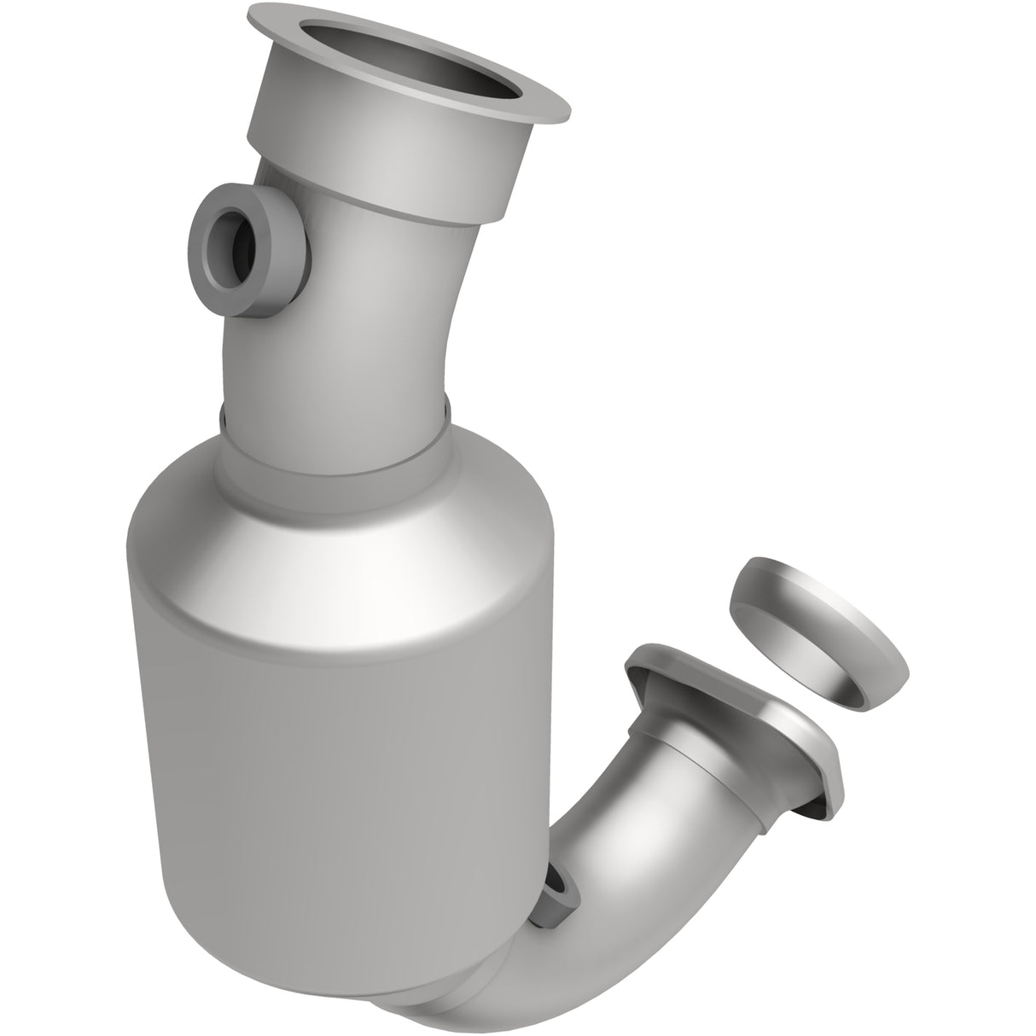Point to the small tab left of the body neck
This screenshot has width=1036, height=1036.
pos(223,417)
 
